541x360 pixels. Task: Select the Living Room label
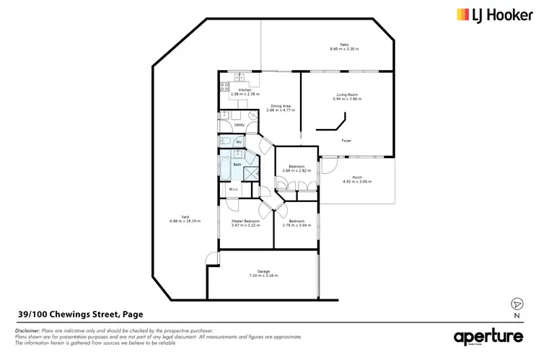click(347, 95)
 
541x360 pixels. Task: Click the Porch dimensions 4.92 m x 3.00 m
click(357, 182)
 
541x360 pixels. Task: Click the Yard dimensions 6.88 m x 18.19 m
click(185, 221)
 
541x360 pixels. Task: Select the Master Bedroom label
click(245, 221)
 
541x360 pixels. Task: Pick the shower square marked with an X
click(251, 173)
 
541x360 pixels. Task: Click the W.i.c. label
click(234, 190)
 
